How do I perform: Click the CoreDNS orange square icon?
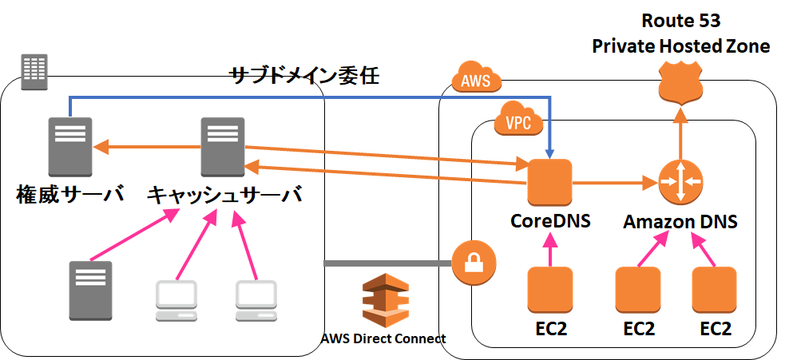549,183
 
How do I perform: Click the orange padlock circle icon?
474,262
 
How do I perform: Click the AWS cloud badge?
476,81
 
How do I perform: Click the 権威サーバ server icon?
69,147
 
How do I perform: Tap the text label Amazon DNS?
680,222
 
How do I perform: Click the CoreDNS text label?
550,221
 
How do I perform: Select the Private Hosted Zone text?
680,46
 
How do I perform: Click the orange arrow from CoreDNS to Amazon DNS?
612,183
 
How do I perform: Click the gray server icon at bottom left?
89,289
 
